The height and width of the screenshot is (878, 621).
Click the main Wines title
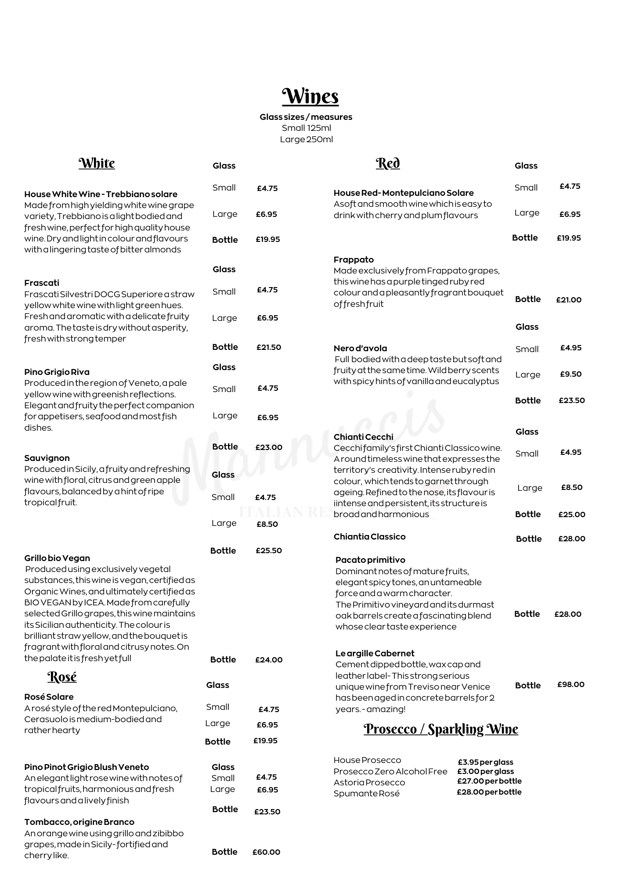coord(310,96)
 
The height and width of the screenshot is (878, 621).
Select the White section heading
coord(97,163)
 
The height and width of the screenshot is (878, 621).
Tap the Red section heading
coord(388,163)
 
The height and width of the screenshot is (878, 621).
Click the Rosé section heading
coord(62,676)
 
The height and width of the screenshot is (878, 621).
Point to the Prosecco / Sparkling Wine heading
coord(441,729)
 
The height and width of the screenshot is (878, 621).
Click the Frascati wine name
coord(42,283)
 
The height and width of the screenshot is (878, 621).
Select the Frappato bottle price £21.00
coord(569,300)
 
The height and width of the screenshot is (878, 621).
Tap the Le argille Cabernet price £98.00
coord(571,684)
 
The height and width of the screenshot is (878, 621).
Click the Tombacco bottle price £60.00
coord(266,852)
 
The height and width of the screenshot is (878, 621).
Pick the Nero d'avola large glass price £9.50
coord(571,374)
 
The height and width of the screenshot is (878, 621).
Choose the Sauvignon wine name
coord(47,458)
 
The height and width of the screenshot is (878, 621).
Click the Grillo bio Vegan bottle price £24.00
coord(269,660)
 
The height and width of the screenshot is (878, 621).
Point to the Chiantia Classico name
coord(369,536)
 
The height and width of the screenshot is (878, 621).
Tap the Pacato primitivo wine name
coord(370,560)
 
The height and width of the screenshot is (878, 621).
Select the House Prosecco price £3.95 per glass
coord(485,762)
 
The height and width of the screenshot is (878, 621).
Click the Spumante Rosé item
coord(367,793)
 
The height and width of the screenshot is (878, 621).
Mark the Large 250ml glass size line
coord(307,140)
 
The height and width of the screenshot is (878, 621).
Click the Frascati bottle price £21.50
coord(269,347)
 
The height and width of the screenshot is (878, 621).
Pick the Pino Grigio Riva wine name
coord(57,372)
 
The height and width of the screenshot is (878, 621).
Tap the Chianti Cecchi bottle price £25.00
coord(572,515)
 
